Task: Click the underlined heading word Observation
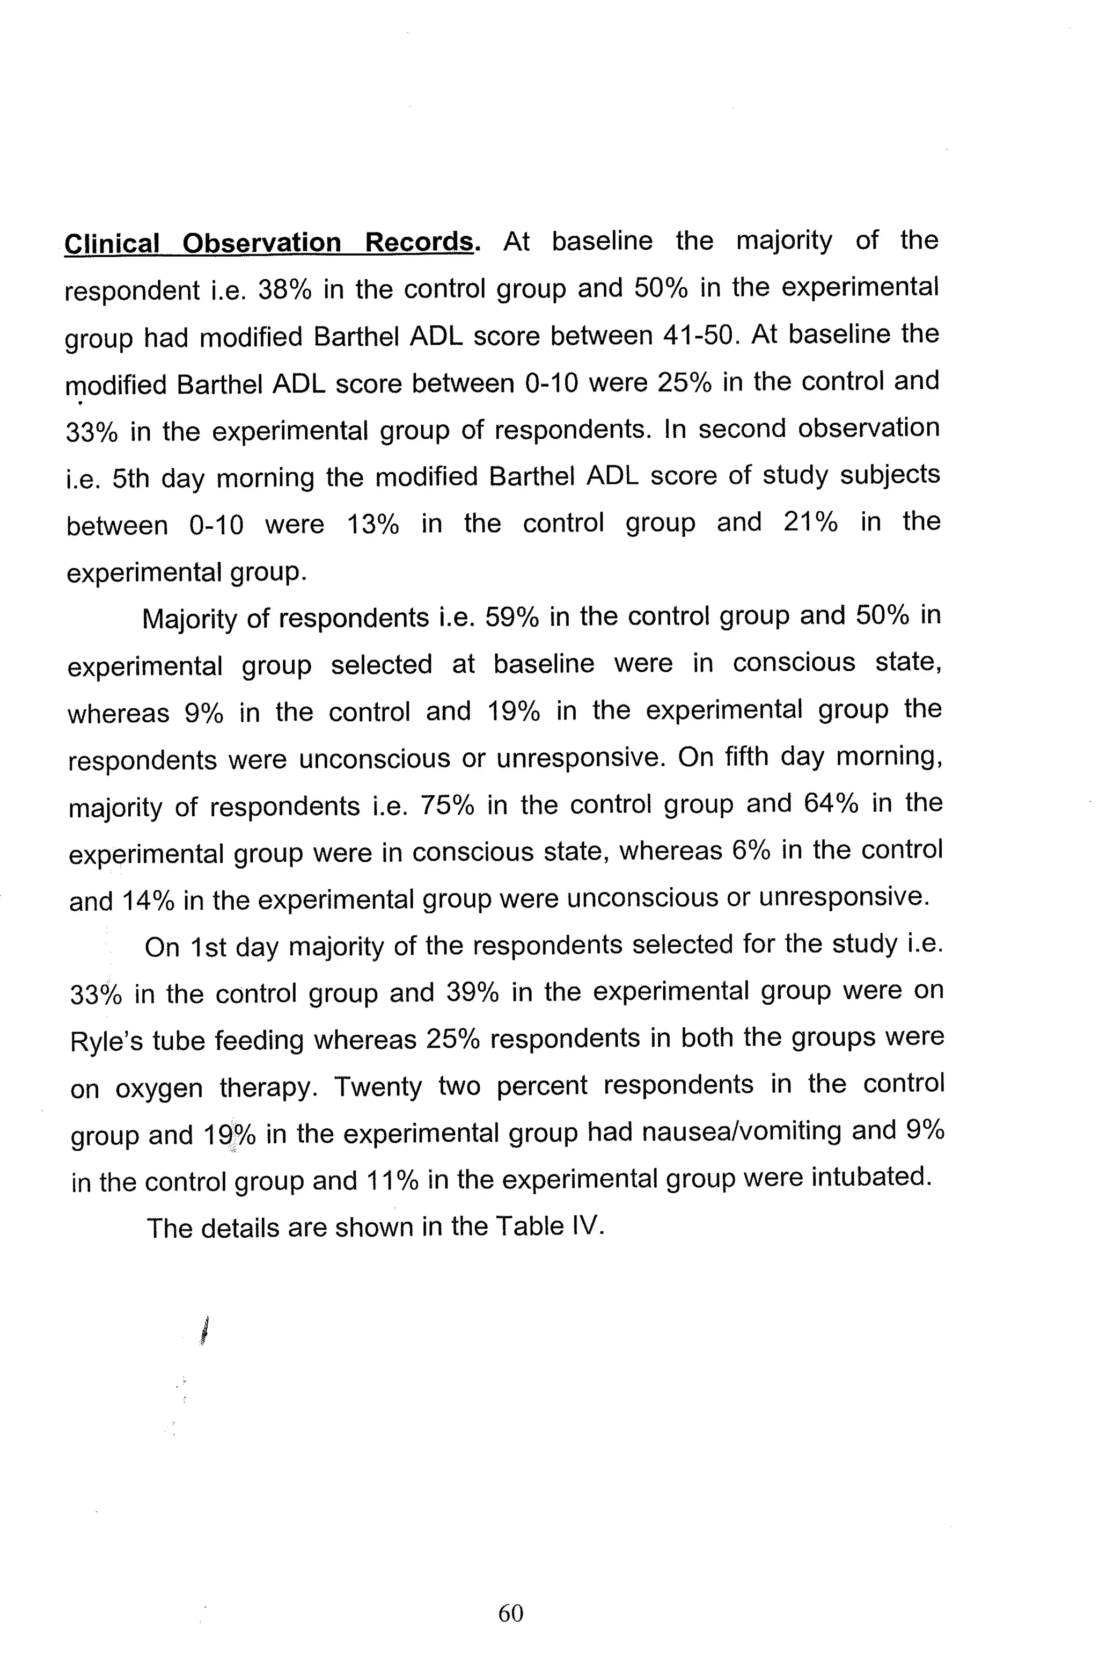pos(261,243)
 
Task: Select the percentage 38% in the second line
pos(284,289)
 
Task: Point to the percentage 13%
pos(373,524)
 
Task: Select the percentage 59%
pos(511,617)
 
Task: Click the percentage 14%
pos(148,901)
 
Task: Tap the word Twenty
pos(378,1087)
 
